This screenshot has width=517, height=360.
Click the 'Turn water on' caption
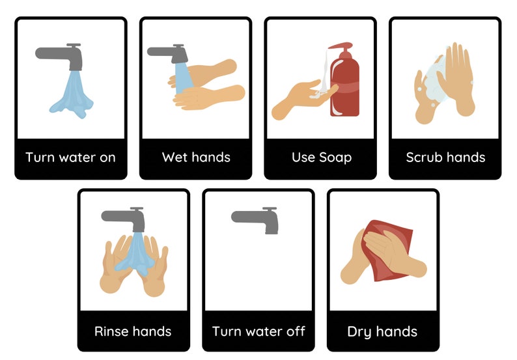click(70, 157)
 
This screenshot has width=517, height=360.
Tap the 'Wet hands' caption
click(195, 157)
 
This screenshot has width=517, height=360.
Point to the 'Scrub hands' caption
click(445, 157)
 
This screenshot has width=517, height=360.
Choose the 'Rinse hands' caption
click(133, 331)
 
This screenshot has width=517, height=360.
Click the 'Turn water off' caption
click(258, 331)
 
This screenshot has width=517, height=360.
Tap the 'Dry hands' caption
click(382, 331)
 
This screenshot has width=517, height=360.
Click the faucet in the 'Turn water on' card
click(62, 55)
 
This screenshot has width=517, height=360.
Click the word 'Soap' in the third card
click(335, 157)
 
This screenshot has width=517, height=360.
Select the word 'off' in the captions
click(294, 331)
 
